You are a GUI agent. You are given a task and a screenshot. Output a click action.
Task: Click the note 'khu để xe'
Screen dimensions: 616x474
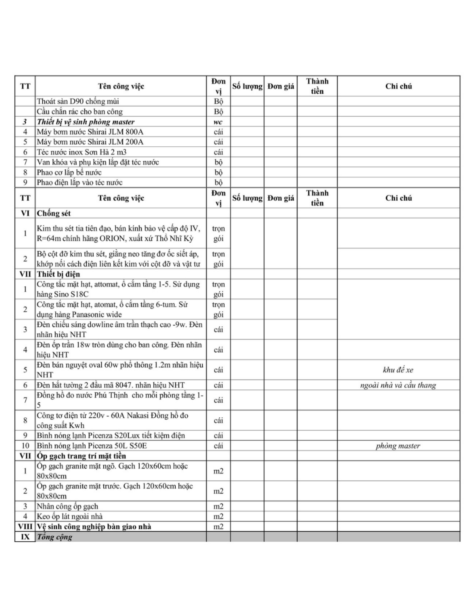pyautogui.click(x=398, y=370)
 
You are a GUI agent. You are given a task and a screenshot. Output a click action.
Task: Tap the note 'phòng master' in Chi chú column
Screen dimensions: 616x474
pyautogui.click(x=398, y=446)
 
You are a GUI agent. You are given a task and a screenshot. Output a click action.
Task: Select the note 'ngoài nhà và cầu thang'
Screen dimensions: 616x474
pyautogui.click(x=398, y=385)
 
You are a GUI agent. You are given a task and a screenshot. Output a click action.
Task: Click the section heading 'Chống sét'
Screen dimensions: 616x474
pyautogui.click(x=54, y=213)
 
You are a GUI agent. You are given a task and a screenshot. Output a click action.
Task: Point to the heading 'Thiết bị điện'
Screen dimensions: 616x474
pyautogui.click(x=58, y=274)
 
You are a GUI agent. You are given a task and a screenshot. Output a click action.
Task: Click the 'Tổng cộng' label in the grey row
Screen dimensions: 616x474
pyautogui.click(x=54, y=537)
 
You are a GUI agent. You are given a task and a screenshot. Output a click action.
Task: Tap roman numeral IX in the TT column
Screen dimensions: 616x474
pyautogui.click(x=25, y=537)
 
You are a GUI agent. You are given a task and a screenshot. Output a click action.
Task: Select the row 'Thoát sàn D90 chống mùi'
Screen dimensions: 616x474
pyautogui.click(x=78, y=101)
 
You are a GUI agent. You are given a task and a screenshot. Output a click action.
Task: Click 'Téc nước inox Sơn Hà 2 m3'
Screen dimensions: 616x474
pyautogui.click(x=81, y=152)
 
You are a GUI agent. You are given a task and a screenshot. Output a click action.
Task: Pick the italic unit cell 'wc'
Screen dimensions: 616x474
pyautogui.click(x=218, y=122)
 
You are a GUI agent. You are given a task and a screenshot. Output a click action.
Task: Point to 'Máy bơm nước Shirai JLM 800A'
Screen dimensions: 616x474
pyautogui.click(x=90, y=132)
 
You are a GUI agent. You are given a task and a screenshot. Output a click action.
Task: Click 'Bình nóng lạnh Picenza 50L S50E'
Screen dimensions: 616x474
pyautogui.click(x=92, y=446)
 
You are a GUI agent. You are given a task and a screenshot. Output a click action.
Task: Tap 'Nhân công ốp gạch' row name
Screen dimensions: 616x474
pyautogui.click(x=67, y=506)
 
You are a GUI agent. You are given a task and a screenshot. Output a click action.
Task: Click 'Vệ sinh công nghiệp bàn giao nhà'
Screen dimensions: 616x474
pyautogui.click(x=94, y=527)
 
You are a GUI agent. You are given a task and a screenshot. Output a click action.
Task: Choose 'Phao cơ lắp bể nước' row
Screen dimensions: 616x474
pyautogui.click(x=69, y=172)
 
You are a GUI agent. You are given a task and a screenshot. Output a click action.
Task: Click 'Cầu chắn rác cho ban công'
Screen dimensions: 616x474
pyautogui.click(x=79, y=112)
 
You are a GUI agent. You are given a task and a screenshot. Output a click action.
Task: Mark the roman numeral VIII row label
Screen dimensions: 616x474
pyautogui.click(x=25, y=527)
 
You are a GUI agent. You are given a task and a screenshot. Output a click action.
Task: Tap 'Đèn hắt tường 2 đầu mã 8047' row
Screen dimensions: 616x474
pyautogui.click(x=111, y=385)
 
